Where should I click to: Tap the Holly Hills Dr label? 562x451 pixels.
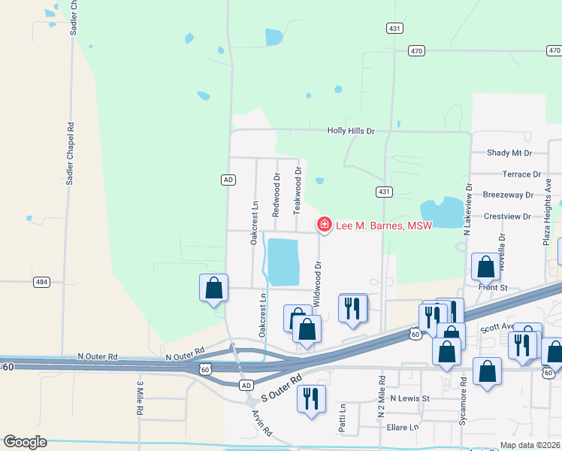click(350, 131)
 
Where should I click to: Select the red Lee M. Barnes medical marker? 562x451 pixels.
click(325, 225)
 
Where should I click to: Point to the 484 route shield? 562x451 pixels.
click(42, 282)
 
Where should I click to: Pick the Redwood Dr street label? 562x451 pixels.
click(276, 195)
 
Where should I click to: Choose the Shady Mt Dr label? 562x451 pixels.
click(509, 153)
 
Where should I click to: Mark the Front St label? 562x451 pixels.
click(493, 287)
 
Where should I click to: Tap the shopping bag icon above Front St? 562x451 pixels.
click(485, 266)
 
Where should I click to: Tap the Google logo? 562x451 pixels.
click(25, 442)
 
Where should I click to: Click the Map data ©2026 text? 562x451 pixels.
click(530, 445)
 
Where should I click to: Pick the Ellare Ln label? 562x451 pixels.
click(403, 427)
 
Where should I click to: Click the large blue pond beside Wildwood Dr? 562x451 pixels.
click(284, 262)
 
